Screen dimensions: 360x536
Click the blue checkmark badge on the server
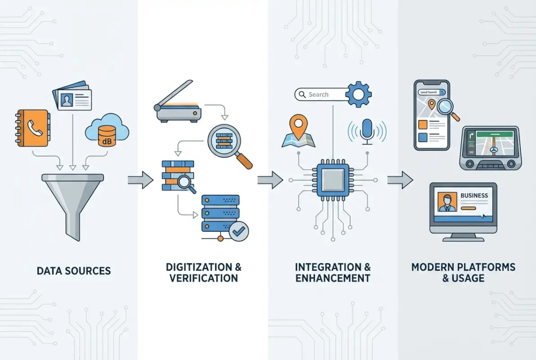(x=238, y=231)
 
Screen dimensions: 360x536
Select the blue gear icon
(x=358, y=94)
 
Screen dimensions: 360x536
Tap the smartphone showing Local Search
(x=432, y=115)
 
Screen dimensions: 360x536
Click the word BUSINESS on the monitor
(x=474, y=196)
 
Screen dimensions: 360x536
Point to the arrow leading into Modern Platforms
(x=400, y=180)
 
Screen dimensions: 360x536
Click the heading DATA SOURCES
(x=74, y=271)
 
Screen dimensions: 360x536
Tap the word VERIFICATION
(x=203, y=278)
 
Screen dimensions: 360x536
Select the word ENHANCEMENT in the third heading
(x=333, y=278)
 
